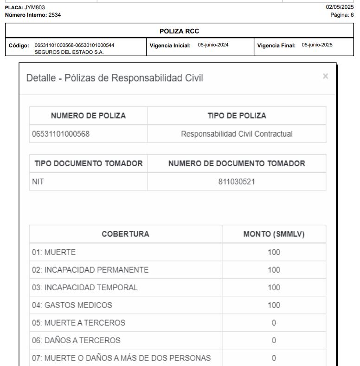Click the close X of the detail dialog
[x=326, y=76]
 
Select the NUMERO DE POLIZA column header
[x=89, y=116]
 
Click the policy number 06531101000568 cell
[x=61, y=134]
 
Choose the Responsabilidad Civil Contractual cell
[x=237, y=134]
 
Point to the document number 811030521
[x=237, y=182]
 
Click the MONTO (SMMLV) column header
[x=274, y=234]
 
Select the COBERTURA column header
[x=126, y=234]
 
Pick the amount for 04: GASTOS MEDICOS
[x=274, y=305]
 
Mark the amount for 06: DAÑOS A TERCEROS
[x=274, y=340]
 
